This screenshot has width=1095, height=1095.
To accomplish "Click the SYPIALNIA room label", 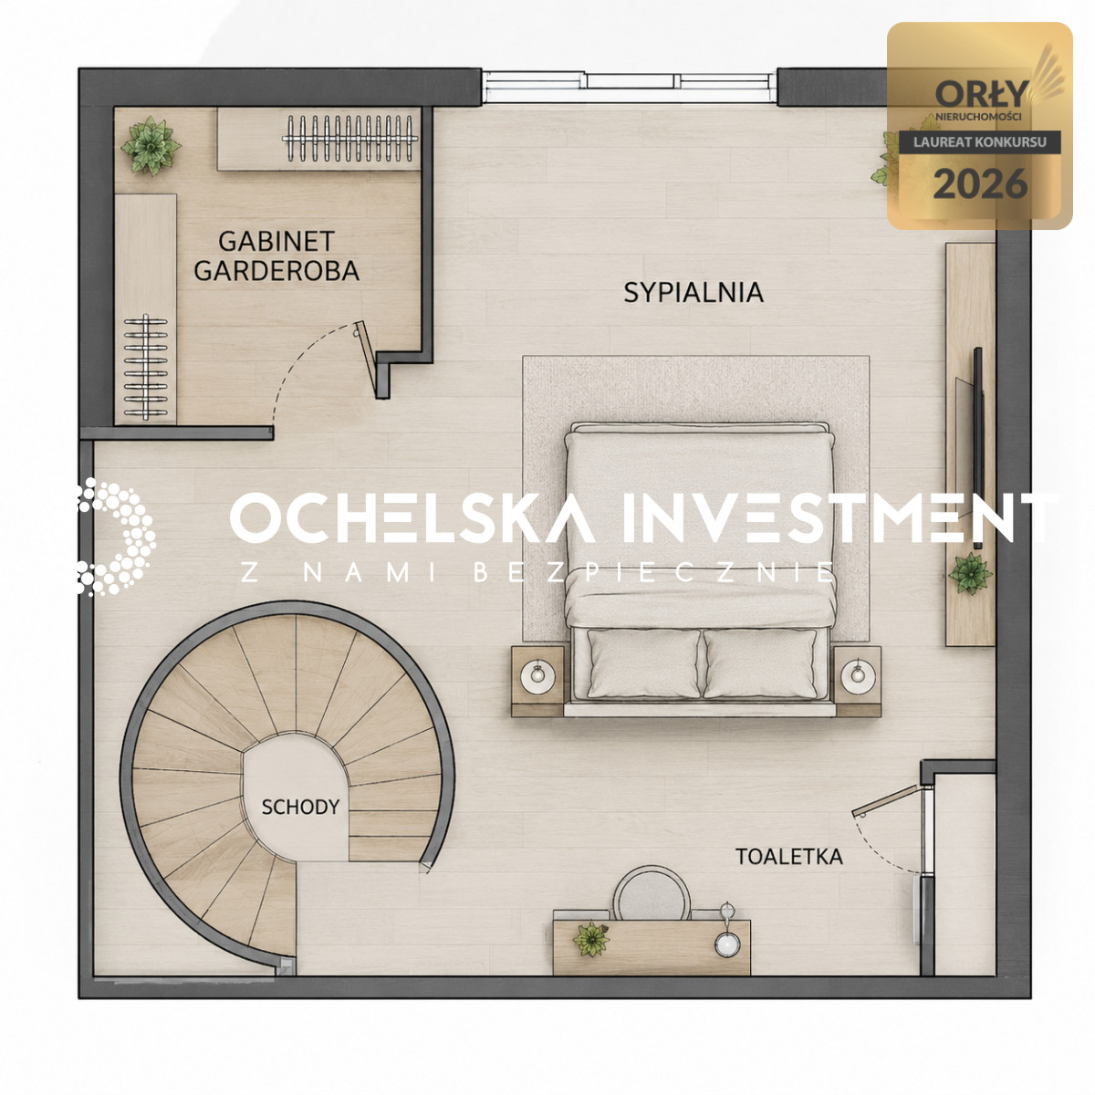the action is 693,293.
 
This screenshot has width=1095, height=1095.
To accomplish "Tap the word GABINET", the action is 276,242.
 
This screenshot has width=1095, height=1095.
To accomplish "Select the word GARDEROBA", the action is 276,270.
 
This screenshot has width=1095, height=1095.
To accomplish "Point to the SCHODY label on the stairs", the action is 300,807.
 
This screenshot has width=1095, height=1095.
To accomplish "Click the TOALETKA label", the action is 788,856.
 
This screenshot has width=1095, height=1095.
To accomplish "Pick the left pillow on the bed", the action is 644,663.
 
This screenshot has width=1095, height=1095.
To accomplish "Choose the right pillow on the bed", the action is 760,663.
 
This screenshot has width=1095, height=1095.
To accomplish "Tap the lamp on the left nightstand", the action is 537,676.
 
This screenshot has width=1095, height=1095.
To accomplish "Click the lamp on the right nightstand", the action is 857,676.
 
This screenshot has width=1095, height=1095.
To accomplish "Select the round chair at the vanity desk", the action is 652,894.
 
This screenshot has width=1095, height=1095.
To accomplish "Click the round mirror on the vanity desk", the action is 726,944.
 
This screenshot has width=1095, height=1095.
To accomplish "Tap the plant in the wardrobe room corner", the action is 151,145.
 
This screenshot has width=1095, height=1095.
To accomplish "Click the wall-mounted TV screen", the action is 977,448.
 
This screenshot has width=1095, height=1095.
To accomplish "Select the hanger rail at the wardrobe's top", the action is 350,138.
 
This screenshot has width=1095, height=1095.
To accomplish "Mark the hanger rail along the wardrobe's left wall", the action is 146,368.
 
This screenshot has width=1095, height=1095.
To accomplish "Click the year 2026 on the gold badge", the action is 980,184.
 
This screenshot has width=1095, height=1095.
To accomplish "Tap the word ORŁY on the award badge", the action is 981,94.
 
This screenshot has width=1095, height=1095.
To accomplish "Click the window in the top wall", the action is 629,87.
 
